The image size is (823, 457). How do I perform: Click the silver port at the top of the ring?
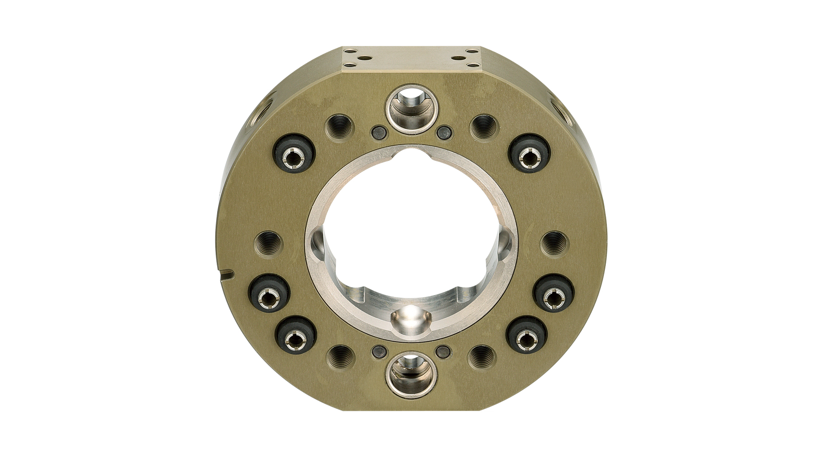pos(411,109)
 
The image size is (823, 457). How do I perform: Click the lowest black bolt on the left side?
pos(296,338)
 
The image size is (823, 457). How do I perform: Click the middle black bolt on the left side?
pos(268,297)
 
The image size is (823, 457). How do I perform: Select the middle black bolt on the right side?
pos(554,297)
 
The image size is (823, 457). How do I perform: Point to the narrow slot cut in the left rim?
pos(226,275)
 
